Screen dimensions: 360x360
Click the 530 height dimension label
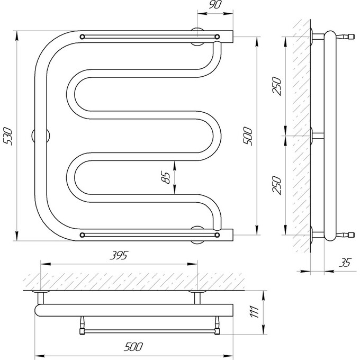pos(8,136)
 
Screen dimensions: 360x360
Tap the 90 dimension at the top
pos(215,4)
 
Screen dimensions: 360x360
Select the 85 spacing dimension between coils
pos(166,177)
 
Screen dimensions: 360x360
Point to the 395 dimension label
pos(119,255)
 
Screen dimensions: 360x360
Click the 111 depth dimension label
pos(255,312)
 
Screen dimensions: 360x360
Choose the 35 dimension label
pos(345,263)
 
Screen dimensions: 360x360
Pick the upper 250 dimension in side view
pos(277,86)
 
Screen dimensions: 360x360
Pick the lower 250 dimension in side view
pos(277,185)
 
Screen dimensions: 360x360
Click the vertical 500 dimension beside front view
pos(248,136)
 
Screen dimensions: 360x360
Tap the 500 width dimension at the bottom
pos(133,347)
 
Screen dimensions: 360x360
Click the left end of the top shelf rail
pos(82,37)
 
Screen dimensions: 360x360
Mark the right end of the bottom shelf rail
pos(217,235)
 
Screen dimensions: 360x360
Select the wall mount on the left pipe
pos(41,136)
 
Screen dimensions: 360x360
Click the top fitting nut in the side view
pos(351,37)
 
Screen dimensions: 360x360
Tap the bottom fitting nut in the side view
pos(351,235)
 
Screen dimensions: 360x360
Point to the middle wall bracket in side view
pos(317,136)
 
